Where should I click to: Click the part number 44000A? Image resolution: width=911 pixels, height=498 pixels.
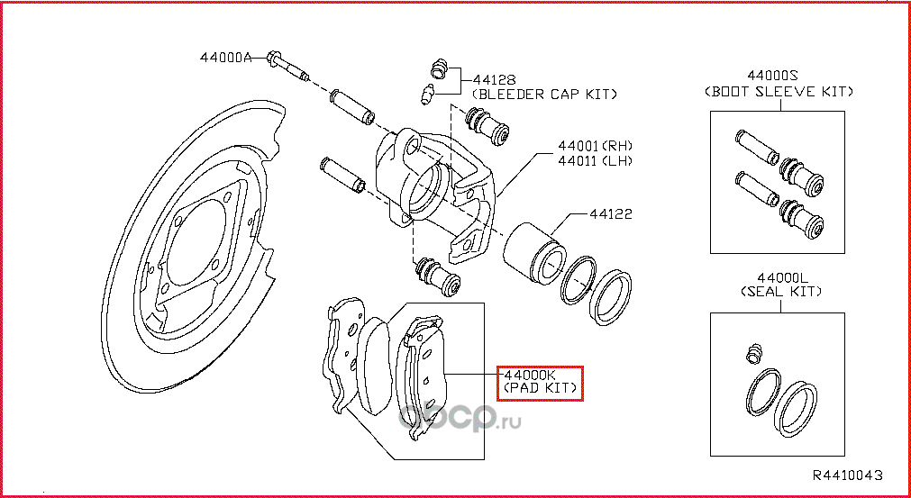[x=225, y=58]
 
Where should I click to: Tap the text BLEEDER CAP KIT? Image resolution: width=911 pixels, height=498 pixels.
[x=545, y=93]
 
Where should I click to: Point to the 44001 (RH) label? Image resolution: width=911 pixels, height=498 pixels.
[x=595, y=146]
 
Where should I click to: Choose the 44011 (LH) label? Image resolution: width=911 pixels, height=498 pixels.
[x=595, y=161]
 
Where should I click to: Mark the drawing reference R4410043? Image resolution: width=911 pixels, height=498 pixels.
[x=847, y=475]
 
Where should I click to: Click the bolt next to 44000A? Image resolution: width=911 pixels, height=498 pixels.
[x=287, y=66]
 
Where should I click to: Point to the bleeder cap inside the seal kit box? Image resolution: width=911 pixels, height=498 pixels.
[x=754, y=353]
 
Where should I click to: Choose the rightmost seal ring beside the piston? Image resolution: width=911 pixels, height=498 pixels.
[x=613, y=294]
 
